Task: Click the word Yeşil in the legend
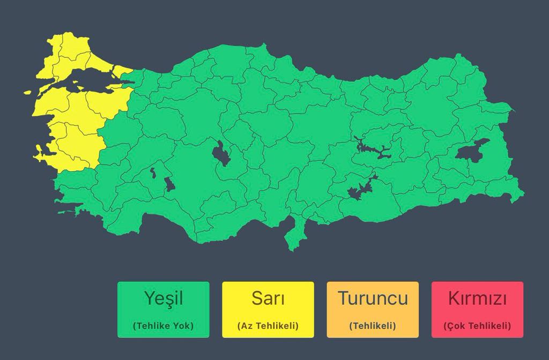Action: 163,298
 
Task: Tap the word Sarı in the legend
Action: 268,298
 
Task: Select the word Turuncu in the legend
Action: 373,298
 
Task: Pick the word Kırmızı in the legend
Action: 477,298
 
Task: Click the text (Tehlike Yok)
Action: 163,325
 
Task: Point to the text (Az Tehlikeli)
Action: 268,325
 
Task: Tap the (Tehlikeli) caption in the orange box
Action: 373,325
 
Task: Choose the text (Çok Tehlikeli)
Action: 477,325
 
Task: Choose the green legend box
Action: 163,310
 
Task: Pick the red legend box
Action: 477,310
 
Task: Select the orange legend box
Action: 373,310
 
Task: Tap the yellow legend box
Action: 268,310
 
